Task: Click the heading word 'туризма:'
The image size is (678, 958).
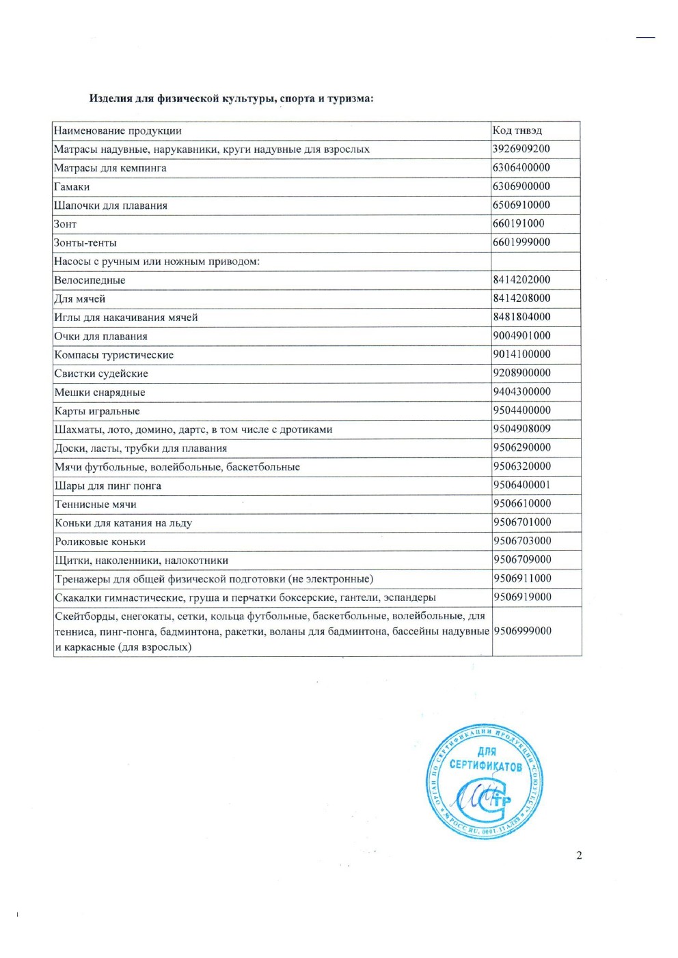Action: pos(350,98)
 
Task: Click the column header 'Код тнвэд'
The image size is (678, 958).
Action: pos(517,130)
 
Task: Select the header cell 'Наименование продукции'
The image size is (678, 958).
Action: pos(118,131)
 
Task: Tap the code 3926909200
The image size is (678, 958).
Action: pos(521,149)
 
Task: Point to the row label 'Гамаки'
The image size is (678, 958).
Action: pos(72,187)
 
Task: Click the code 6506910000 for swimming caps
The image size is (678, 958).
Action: pos(521,205)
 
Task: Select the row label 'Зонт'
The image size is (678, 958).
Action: pos(66,224)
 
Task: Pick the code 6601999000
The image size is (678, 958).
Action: pos(521,242)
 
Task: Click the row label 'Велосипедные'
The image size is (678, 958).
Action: pos(90,280)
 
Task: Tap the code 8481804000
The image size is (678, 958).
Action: pos(521,317)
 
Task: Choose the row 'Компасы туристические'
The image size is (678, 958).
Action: pos(114,355)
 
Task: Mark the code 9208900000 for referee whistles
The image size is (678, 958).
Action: pos(521,373)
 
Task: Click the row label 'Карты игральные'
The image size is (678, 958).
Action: pos(97,411)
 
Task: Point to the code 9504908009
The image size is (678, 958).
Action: pos(521,429)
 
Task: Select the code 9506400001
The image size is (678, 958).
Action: pos(521,485)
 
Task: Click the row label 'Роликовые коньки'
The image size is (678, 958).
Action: pos(100,542)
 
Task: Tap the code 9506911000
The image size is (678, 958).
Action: pos(522,578)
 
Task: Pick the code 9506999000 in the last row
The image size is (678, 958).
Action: pos(522,631)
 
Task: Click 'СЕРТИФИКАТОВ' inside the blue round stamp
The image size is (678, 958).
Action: pos(485,765)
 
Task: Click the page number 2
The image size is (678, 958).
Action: pos(579,856)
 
